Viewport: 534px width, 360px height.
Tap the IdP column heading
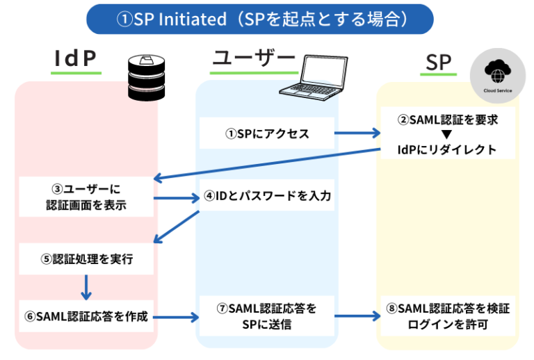pyautogui.click(x=75, y=60)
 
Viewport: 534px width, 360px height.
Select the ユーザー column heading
pyautogui.click(x=253, y=60)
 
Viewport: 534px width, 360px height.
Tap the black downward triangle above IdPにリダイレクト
pyautogui.click(x=448, y=134)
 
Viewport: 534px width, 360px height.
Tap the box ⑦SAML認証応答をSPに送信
pyautogui.click(x=267, y=316)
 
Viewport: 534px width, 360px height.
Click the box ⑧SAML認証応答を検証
pyautogui.click(x=448, y=316)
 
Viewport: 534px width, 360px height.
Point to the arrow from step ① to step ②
pyautogui.click(x=357, y=133)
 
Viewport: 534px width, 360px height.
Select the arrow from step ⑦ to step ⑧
pyautogui.click(x=357, y=316)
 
